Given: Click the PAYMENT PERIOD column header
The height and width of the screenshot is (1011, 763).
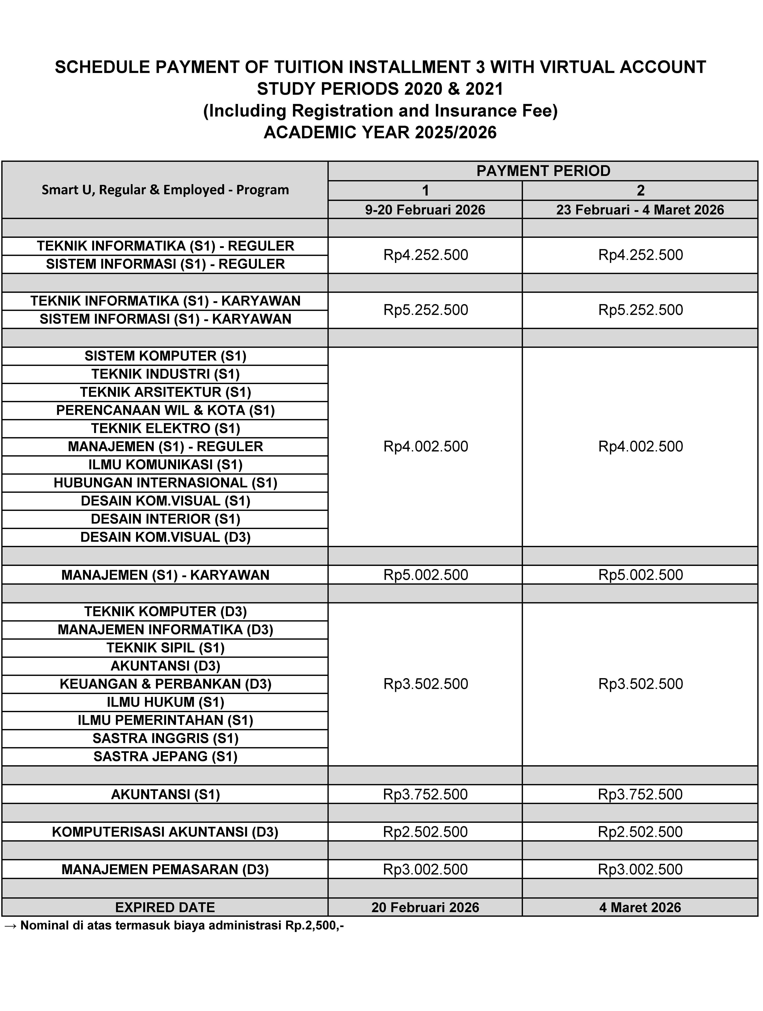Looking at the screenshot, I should (543, 171).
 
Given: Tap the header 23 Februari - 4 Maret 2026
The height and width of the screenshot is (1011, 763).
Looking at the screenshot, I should (640, 210).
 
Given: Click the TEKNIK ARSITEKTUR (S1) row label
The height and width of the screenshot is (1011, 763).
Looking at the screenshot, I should (165, 392).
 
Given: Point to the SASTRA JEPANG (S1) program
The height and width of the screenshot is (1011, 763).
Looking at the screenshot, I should (165, 756).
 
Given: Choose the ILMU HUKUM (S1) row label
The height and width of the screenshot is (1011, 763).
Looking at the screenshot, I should (165, 702).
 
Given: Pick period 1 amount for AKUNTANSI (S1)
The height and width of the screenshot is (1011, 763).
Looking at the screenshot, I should (425, 794).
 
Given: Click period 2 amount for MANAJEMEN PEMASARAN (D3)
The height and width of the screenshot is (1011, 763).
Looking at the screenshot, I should (640, 869).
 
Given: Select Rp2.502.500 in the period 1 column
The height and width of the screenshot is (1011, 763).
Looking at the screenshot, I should (425, 832).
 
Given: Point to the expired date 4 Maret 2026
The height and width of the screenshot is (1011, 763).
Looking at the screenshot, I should (640, 907).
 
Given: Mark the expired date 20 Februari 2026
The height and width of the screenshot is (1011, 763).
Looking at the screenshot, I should (425, 907).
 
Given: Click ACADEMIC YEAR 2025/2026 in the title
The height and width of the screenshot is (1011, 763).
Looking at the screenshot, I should (380, 133).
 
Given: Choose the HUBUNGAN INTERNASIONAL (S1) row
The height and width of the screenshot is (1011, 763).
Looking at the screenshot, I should (165, 483).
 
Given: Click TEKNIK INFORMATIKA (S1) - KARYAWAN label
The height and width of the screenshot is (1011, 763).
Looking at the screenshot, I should (165, 301).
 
